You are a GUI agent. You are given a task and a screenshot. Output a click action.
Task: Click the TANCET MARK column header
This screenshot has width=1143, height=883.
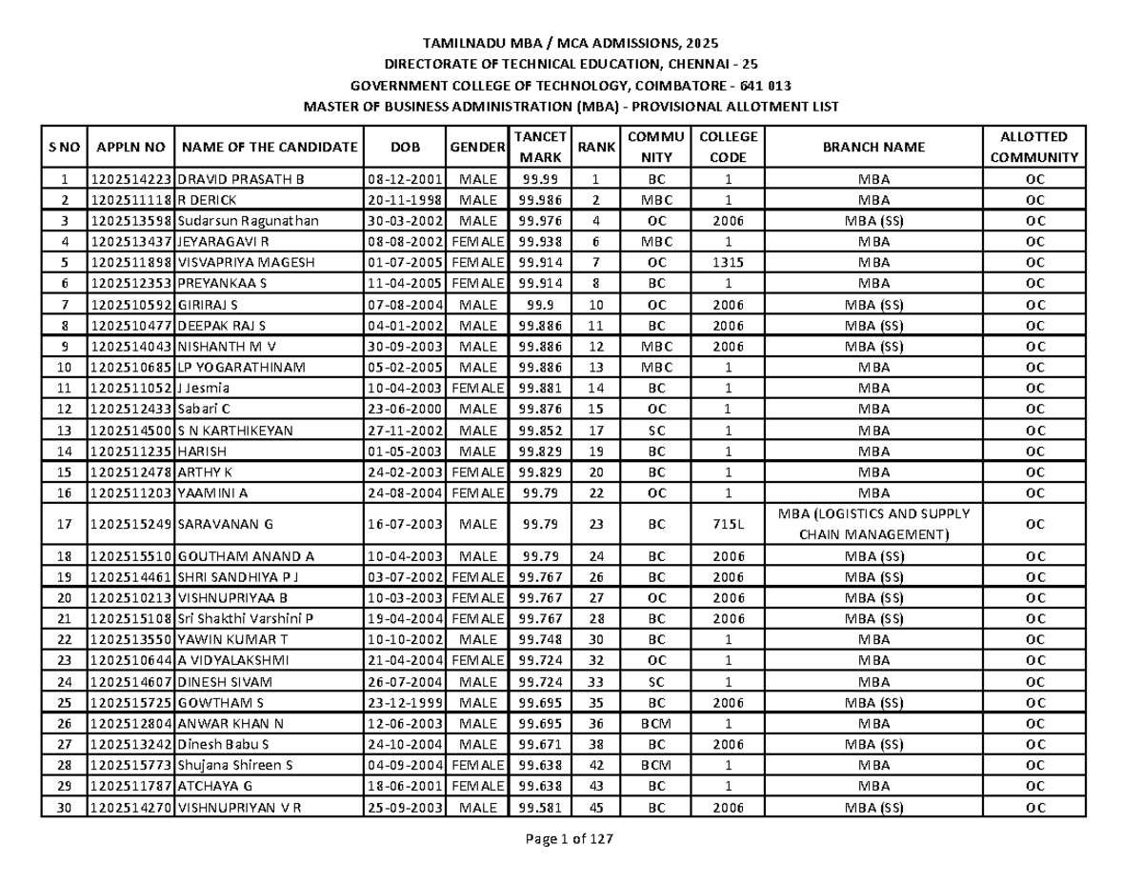(x=539, y=147)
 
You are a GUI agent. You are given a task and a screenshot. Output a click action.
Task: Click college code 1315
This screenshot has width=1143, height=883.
(x=729, y=263)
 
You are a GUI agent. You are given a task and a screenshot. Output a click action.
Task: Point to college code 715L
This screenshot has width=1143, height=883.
(x=729, y=524)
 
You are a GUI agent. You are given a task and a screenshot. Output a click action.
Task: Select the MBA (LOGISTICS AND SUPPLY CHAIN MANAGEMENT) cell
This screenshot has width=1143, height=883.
(x=874, y=524)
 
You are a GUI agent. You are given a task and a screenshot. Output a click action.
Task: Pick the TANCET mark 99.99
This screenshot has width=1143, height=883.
(x=539, y=179)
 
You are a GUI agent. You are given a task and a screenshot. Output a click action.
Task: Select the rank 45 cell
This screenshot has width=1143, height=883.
(x=595, y=808)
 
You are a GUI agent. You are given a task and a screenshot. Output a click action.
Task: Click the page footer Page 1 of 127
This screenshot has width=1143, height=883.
(x=570, y=839)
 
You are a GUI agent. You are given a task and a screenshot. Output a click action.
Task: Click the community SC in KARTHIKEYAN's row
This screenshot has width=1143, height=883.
(x=655, y=431)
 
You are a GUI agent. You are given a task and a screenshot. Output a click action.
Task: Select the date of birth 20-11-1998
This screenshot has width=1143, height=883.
(x=406, y=200)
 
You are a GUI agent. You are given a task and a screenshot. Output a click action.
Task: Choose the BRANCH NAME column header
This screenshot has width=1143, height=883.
(x=873, y=147)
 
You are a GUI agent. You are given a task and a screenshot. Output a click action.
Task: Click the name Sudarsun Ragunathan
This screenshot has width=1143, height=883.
(x=249, y=221)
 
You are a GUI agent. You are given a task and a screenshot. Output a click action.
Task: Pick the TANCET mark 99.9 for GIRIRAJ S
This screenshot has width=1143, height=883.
(x=539, y=305)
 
